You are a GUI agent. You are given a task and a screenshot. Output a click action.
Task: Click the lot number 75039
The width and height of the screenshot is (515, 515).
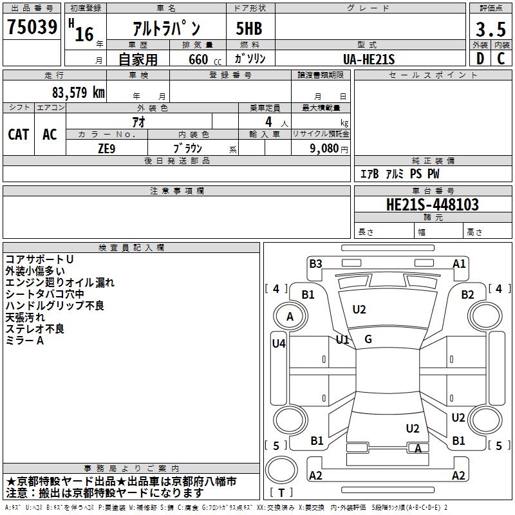tap(32, 28)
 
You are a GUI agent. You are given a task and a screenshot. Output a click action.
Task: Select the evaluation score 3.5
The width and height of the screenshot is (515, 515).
tap(490, 30)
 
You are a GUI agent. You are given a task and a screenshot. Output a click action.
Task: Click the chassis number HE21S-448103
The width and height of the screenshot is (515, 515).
tap(432, 205)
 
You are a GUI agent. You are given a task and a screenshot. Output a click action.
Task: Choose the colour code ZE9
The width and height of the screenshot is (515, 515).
tap(107, 147)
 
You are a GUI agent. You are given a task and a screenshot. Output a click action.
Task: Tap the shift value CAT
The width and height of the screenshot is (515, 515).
tap(18, 134)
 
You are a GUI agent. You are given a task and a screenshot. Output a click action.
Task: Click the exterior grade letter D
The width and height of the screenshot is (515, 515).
tap(480, 59)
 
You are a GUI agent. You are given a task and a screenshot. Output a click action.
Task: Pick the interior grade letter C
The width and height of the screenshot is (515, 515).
tap(501, 59)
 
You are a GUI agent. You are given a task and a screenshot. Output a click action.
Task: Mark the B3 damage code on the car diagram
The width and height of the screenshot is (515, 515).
tap(315, 263)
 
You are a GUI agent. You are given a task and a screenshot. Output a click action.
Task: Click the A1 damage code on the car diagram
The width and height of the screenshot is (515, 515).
tap(459, 263)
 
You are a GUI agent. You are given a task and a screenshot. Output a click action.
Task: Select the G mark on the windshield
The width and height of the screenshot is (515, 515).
tap(368, 339)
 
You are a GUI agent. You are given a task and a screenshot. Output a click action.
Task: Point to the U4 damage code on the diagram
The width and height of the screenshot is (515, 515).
tap(278, 343)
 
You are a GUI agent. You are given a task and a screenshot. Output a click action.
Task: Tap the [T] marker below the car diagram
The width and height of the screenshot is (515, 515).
tap(281, 493)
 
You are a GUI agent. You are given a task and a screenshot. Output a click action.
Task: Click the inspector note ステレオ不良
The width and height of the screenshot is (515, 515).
tap(35, 329)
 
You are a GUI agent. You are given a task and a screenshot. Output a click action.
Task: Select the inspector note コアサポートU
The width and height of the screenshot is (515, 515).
tap(39, 259)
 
